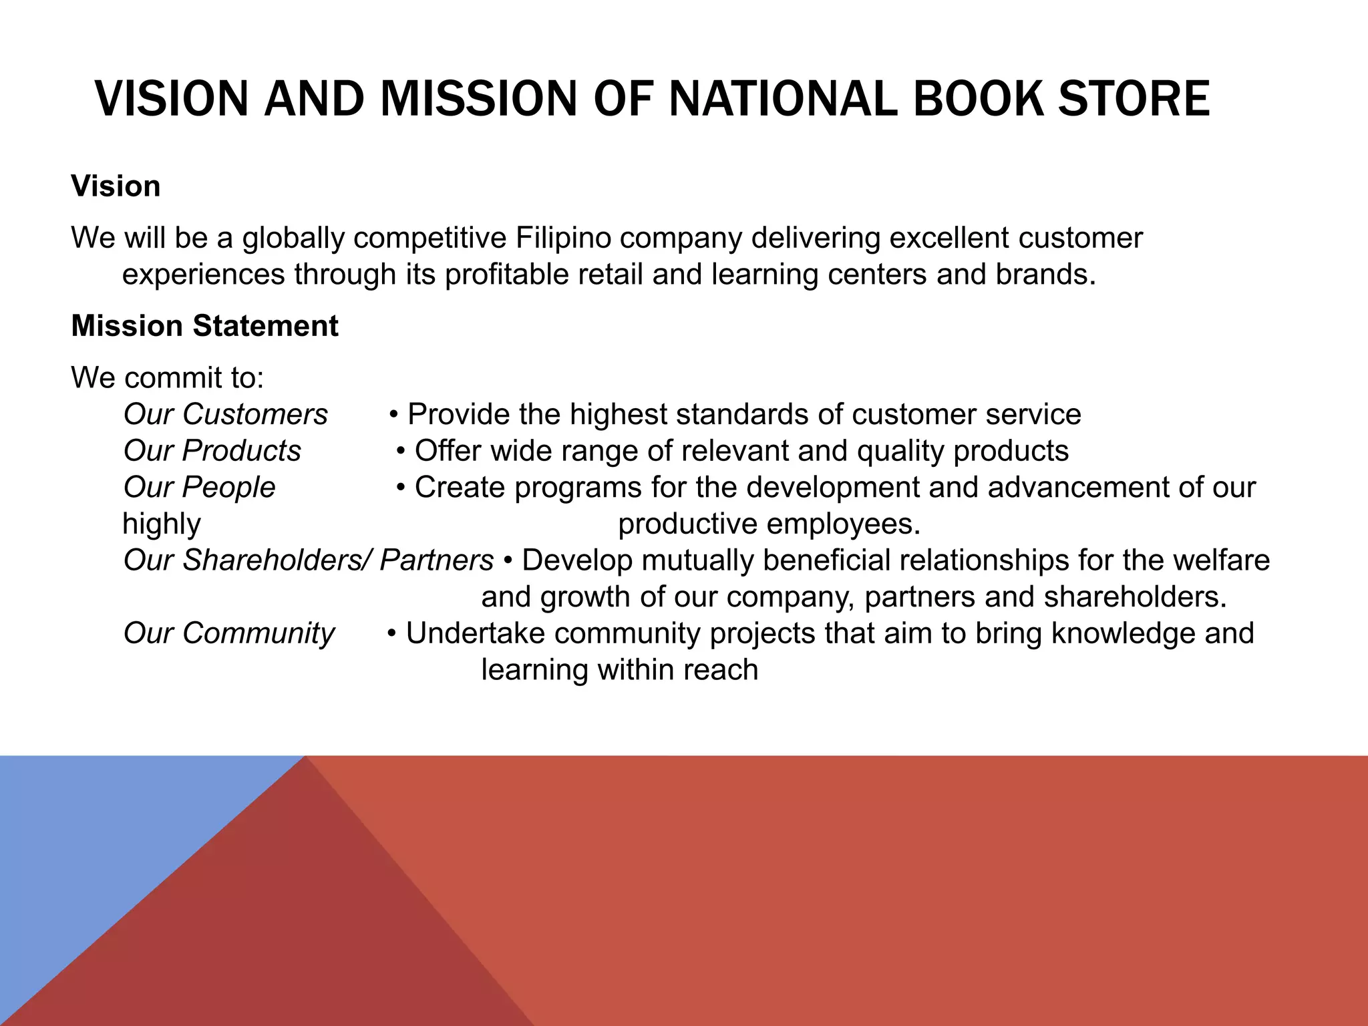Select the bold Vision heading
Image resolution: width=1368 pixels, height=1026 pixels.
[x=116, y=186]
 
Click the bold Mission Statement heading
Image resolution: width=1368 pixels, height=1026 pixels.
[x=204, y=326]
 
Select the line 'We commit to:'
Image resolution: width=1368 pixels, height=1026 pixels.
[x=168, y=378]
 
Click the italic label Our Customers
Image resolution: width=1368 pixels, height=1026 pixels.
[x=226, y=414]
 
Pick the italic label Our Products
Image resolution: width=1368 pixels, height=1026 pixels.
[x=212, y=451]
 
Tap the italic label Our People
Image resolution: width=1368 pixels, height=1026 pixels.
[x=199, y=488]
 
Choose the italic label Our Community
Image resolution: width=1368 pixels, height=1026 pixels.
[x=229, y=633]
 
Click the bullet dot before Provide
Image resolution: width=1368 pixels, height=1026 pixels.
[x=394, y=415]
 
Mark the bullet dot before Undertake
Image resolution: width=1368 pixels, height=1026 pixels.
[x=393, y=633]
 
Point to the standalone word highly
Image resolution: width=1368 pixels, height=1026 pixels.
[x=162, y=524]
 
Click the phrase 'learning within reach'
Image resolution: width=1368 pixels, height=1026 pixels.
[x=619, y=670]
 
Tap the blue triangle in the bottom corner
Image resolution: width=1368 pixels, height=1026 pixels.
[x=100, y=842]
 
